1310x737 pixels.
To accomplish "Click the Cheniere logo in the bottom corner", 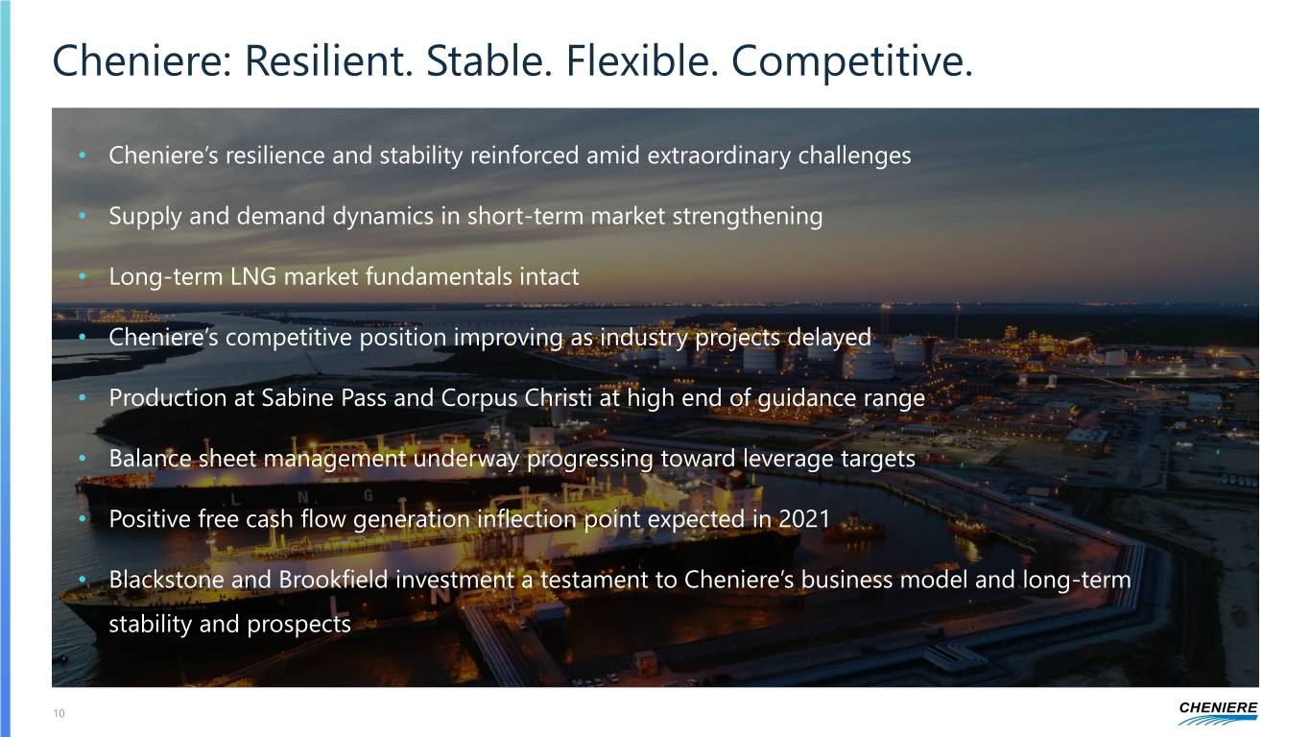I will (x=1217, y=712).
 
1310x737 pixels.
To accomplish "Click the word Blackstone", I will (x=167, y=581).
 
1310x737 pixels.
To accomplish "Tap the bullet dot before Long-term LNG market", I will (x=84, y=278).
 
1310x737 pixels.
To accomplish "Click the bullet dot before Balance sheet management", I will (x=84, y=460).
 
